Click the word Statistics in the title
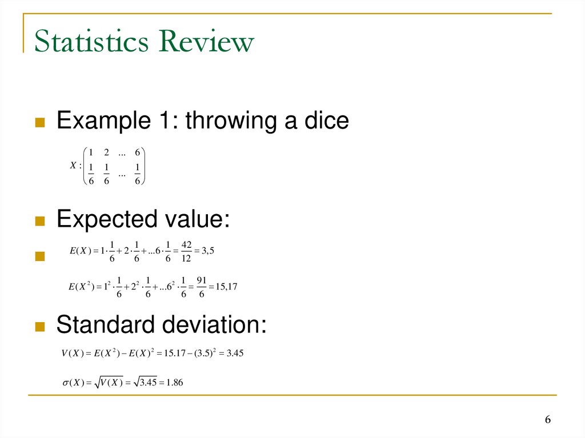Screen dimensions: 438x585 tap(92, 43)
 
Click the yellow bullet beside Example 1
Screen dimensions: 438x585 tap(40, 122)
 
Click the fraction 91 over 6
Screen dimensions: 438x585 tap(202, 286)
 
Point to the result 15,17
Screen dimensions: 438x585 tap(226, 286)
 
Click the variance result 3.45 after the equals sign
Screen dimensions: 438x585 tap(235, 353)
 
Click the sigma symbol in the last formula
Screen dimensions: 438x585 tap(65, 382)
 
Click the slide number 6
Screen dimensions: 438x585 tap(547, 420)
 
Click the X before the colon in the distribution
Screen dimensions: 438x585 tap(73, 166)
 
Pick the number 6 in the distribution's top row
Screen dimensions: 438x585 tap(138, 152)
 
